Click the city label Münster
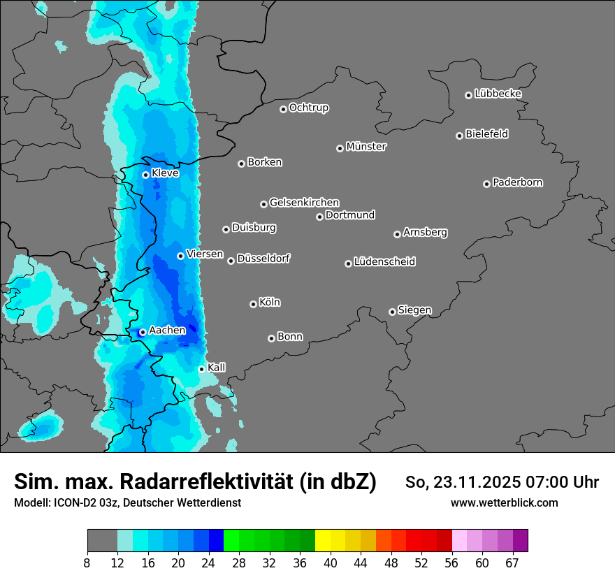[366, 147]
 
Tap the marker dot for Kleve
[146, 175]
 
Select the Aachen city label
[167, 331]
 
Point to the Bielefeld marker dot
[460, 136]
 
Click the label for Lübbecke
[498, 94]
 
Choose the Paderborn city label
[517, 182]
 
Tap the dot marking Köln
[254, 304]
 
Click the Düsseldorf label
[263, 259]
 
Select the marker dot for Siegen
[392, 312]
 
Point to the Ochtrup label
[309, 108]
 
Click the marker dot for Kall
[202, 369]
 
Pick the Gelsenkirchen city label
[304, 203]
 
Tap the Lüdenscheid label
[384, 262]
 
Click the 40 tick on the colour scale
[331, 563]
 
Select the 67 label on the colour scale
[512, 563]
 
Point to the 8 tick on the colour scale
[87, 563]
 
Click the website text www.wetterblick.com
[504, 503]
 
